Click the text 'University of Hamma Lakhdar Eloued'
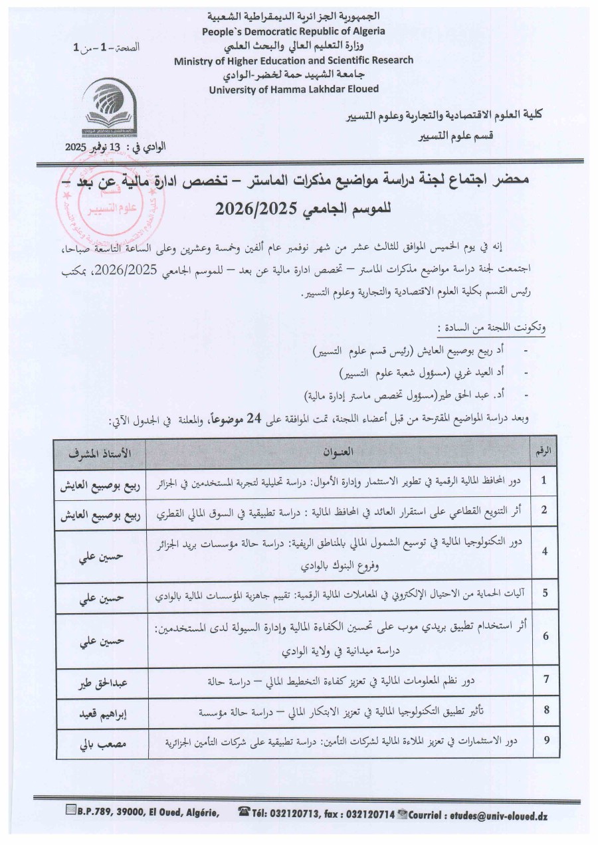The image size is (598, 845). point(294,89)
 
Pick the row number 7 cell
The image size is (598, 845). point(545,680)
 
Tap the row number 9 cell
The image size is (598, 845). point(545,739)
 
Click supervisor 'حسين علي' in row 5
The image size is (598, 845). point(100,599)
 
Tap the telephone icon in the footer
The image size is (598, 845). point(243,811)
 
